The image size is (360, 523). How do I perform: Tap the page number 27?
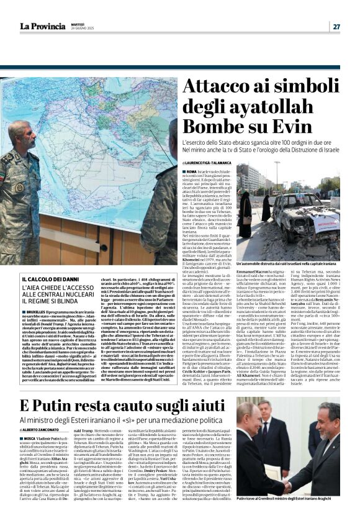pyautogui.click(x=336, y=27)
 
